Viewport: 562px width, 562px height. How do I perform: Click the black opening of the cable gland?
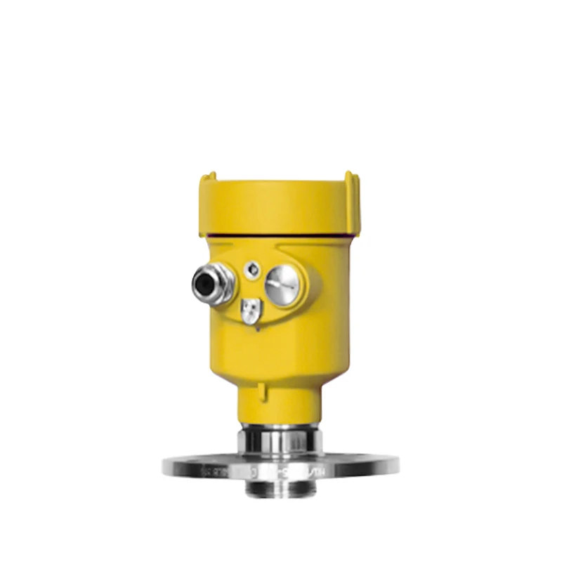[204, 284]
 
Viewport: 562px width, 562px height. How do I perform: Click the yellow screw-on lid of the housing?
[279, 204]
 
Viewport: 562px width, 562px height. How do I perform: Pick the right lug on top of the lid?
[351, 179]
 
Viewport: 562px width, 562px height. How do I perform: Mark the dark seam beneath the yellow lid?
[279, 235]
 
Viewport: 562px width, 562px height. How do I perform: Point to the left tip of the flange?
[164, 465]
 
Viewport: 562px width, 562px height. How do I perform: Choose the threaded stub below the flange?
[279, 486]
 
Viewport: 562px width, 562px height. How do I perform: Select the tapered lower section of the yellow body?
[279, 365]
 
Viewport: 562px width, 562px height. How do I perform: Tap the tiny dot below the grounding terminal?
[257, 328]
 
